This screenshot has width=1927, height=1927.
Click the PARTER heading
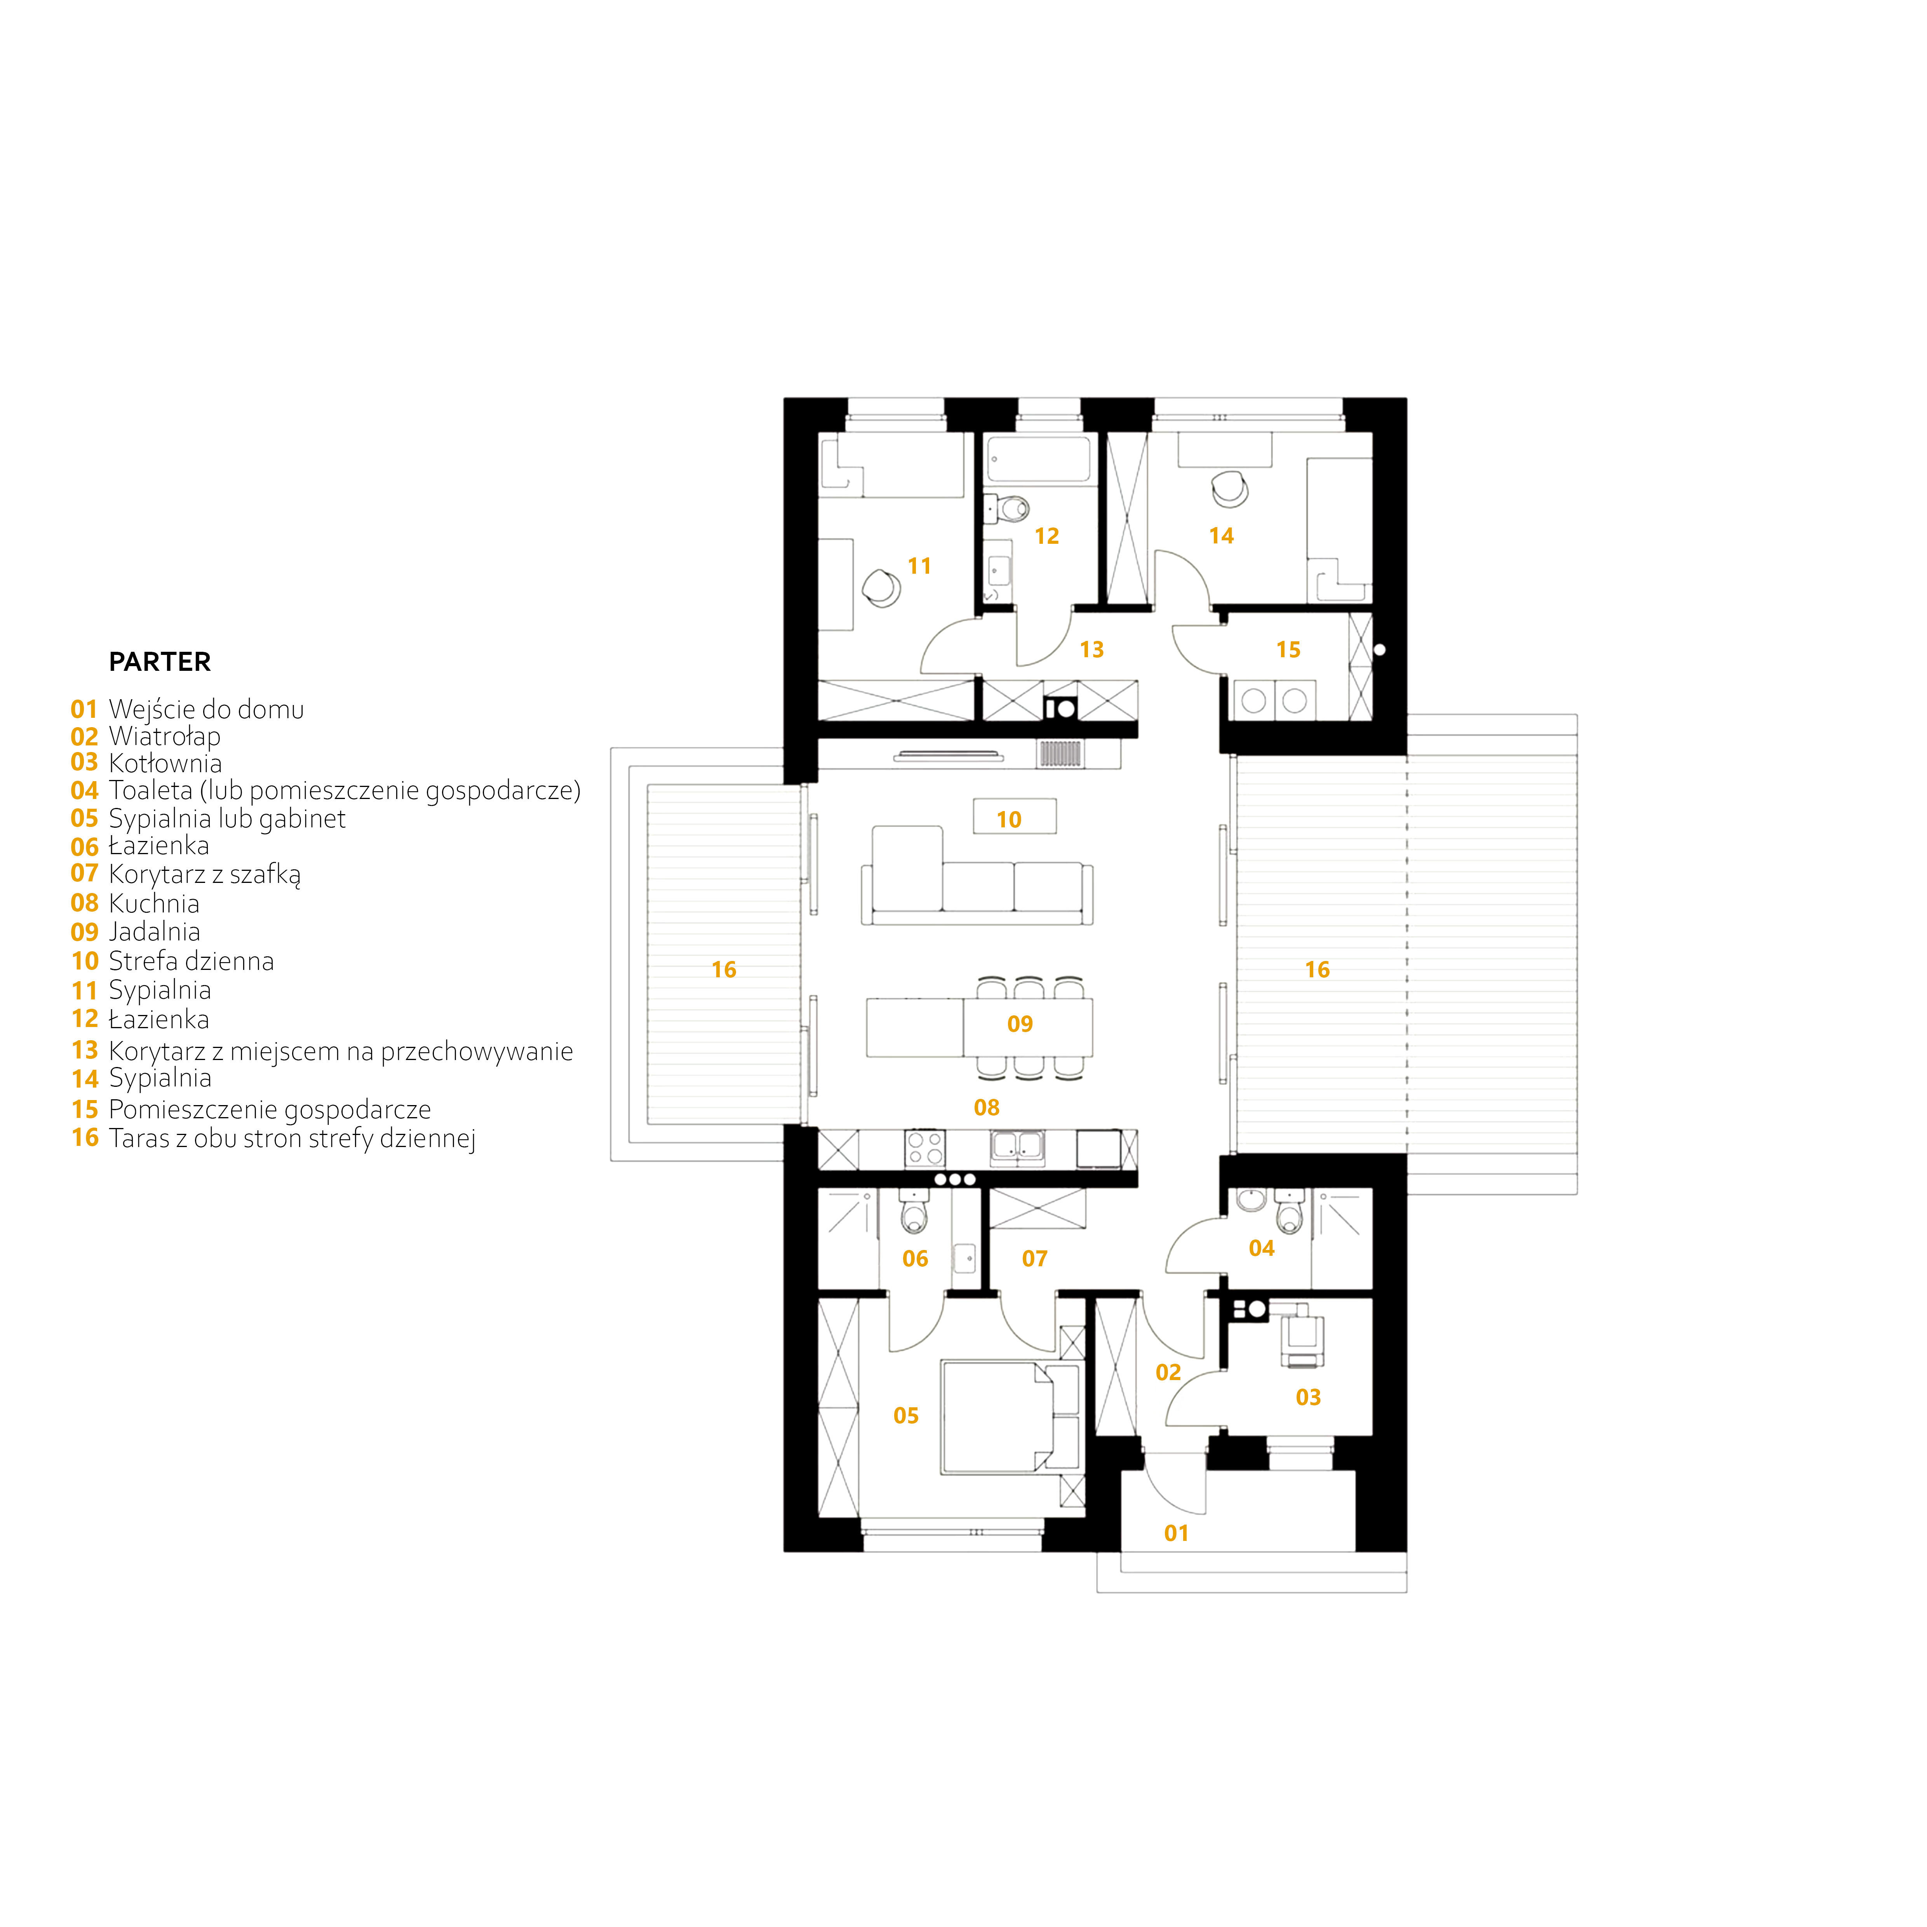[x=160, y=662]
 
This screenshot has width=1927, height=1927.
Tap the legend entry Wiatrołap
[x=165, y=737]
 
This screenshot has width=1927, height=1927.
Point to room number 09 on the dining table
[x=1019, y=1024]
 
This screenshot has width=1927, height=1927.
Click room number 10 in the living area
[x=1008, y=820]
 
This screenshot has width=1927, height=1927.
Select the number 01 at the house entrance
[x=1176, y=1534]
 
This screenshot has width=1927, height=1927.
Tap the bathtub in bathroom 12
[x=1038, y=461]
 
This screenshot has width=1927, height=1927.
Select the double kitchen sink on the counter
[x=1017, y=1147]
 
